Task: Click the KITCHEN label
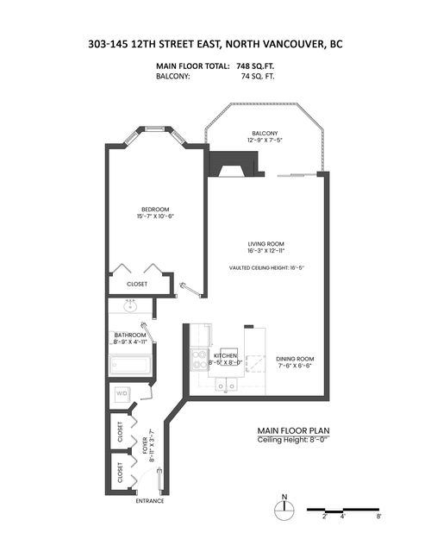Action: click(226, 355)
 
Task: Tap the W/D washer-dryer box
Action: click(122, 395)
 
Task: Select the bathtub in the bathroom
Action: click(130, 366)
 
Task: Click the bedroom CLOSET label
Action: click(137, 284)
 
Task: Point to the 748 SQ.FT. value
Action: click(257, 66)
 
